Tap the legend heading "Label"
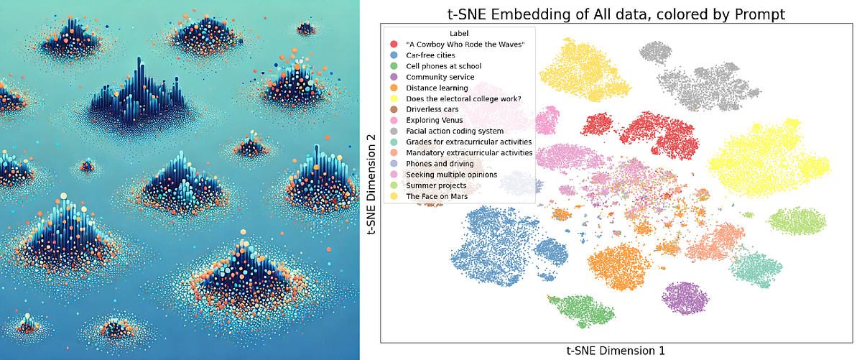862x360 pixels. tap(459, 33)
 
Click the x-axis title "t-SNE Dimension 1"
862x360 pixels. tap(615, 351)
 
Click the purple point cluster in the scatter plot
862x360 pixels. tap(685, 299)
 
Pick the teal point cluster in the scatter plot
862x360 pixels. tap(755, 269)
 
